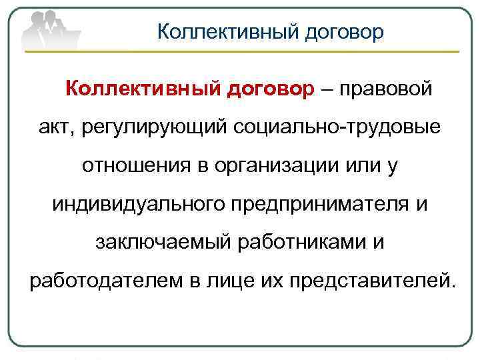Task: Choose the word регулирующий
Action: pos(153,127)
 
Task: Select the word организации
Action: pos(273,165)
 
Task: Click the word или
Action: pos(359,165)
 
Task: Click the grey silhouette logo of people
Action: pos(50,28)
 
